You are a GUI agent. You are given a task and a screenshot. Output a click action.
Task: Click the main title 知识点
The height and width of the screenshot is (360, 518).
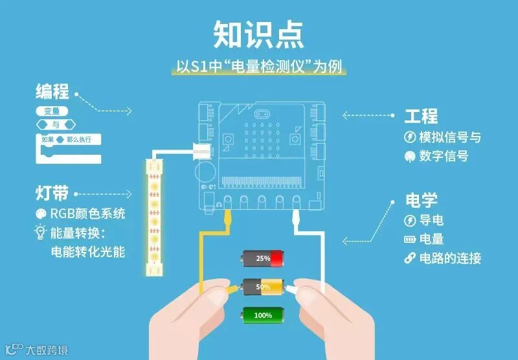coord(258,34)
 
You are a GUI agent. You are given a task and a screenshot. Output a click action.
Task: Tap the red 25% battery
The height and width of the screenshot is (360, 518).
coord(264,258)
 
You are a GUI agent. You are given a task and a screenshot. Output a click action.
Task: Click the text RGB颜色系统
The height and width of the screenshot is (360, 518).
coord(87,214)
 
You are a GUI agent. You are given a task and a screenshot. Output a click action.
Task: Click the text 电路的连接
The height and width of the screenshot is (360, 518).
coord(450,258)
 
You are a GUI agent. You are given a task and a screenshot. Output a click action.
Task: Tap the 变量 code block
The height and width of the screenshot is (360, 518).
coord(52,111)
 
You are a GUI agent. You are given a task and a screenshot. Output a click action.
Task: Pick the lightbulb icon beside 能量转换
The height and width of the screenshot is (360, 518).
coord(40,232)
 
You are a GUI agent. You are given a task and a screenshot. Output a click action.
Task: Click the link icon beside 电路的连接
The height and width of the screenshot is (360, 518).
coord(409,258)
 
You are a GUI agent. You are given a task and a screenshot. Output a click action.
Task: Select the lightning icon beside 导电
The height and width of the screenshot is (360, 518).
coord(409,219)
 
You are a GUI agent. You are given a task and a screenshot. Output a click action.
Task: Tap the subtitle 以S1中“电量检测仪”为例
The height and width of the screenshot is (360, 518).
coord(258,67)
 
